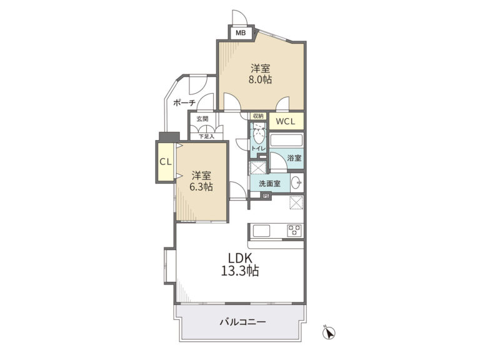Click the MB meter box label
[241, 32]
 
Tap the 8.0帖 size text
[260, 79]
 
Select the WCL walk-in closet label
[286, 121]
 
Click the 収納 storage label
[259, 116]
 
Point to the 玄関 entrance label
[202, 119]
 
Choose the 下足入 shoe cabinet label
[206, 136]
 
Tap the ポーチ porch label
[184, 103]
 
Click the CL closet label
[166, 162]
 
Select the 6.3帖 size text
[201, 187]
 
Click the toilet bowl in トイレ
[259, 137]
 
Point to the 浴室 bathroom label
[294, 158]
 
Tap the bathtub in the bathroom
[286, 141]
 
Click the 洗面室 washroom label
[269, 184]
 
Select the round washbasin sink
[296, 183]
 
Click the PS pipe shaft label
[266, 196]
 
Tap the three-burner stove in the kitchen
[294, 231]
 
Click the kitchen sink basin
[261, 231]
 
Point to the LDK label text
[240, 258]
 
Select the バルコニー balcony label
[242, 322]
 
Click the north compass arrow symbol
[329, 332]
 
